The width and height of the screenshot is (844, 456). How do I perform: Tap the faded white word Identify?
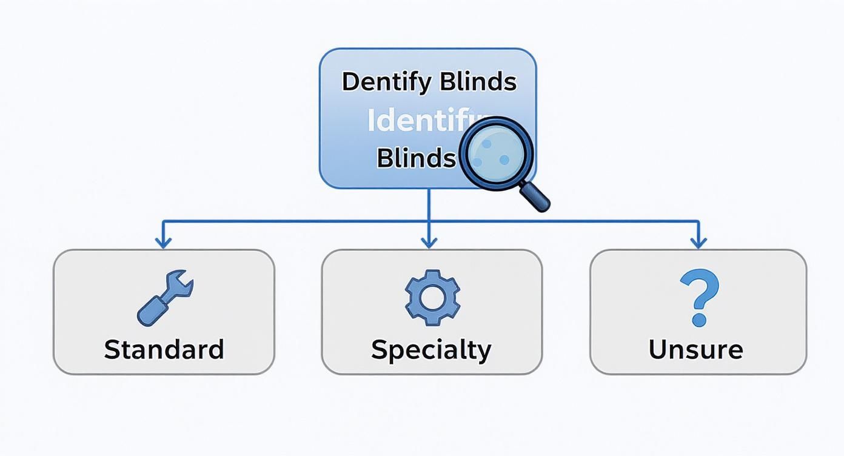click(x=418, y=121)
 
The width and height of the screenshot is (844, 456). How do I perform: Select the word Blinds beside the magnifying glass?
click(x=416, y=158)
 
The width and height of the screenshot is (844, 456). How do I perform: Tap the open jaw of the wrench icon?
click(x=183, y=284)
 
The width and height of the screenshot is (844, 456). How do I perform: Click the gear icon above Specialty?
click(x=432, y=297)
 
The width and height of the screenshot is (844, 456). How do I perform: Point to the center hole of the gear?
click(x=432, y=297)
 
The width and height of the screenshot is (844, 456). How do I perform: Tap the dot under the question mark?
click(x=698, y=320)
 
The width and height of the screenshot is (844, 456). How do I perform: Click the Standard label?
click(x=164, y=350)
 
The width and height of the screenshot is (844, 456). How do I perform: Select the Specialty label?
click(x=431, y=350)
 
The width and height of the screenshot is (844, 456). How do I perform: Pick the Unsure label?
click(x=695, y=350)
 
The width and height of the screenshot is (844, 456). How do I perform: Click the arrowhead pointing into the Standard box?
click(x=162, y=243)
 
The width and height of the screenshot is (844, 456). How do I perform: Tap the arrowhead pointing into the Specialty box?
click(x=429, y=243)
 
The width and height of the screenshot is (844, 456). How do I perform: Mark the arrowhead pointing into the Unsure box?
click(x=698, y=243)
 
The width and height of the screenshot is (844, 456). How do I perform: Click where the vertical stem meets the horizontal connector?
click(x=429, y=221)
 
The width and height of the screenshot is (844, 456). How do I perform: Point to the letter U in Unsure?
click(x=658, y=350)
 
